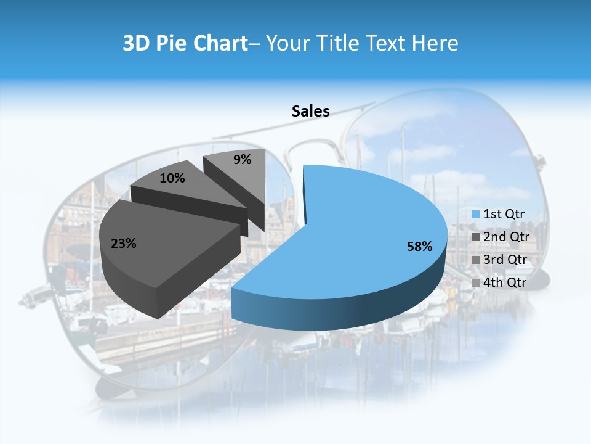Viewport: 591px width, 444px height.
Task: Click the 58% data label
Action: (420, 247)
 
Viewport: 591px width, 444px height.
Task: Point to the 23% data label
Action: (123, 244)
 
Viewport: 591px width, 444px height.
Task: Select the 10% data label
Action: (172, 178)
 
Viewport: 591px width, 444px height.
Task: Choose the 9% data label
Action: (243, 160)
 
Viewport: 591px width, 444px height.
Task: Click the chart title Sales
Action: (311, 111)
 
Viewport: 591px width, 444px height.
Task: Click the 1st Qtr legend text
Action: (505, 214)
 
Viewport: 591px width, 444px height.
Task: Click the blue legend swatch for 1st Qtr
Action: (475, 215)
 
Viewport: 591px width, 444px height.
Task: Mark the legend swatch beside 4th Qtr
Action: (475, 283)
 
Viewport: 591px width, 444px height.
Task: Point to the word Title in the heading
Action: (340, 43)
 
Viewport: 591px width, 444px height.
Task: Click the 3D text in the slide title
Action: (137, 43)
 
